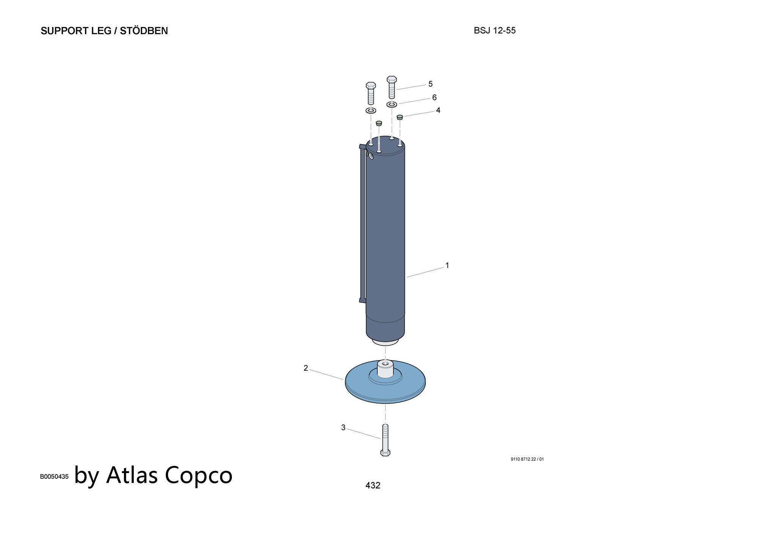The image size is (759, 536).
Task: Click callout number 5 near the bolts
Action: [x=430, y=84]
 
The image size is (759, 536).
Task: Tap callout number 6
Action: [x=435, y=97]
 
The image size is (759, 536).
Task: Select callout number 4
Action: [x=438, y=110]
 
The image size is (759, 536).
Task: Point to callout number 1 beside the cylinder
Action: [x=447, y=265]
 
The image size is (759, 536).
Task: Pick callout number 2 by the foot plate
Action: [x=306, y=368]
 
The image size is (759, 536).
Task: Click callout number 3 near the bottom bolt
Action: [x=343, y=428]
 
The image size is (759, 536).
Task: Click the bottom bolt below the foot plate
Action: [x=385, y=440]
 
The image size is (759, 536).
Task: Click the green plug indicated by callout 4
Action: [x=400, y=118]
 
